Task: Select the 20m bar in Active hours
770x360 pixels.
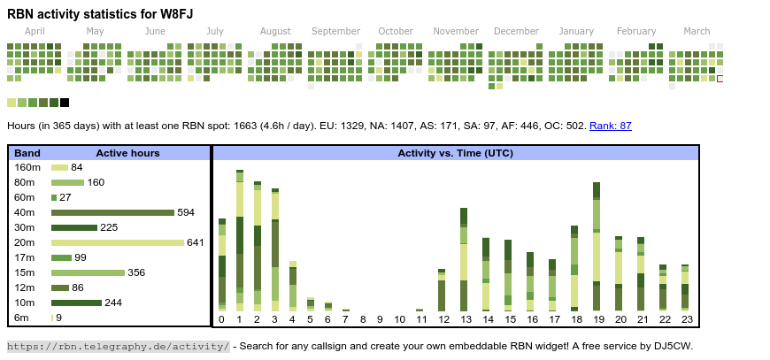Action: pyautogui.click(x=118, y=242)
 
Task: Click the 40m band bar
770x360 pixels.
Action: pyautogui.click(x=112, y=212)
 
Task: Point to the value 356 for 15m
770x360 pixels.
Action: pyautogui.click(x=136, y=272)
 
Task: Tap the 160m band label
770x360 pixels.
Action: pyautogui.click(x=27, y=167)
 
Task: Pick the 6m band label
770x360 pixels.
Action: pyautogui.click(x=21, y=318)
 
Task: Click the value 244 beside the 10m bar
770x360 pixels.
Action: pyautogui.click(x=114, y=303)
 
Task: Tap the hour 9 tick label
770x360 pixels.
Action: pyautogui.click(x=381, y=319)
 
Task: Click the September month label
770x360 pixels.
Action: pyautogui.click(x=335, y=32)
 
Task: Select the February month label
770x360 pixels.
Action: pyautogui.click(x=636, y=32)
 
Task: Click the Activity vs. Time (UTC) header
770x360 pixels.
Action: pyautogui.click(x=455, y=153)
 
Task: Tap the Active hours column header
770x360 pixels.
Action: pyautogui.click(x=127, y=153)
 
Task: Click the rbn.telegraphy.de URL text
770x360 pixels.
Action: pyautogui.click(x=118, y=346)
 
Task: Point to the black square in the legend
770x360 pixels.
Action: pyautogui.click(x=65, y=103)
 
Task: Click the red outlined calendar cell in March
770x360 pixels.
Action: pyautogui.click(x=720, y=79)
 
